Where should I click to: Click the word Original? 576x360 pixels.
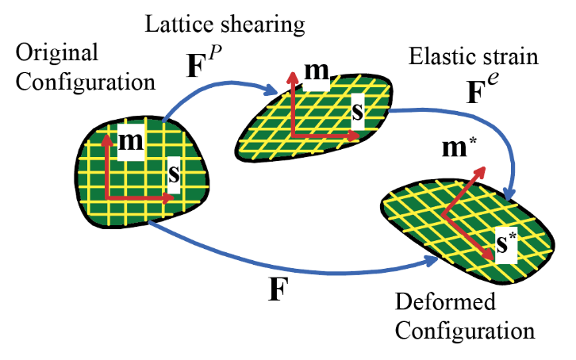tap(57, 54)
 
